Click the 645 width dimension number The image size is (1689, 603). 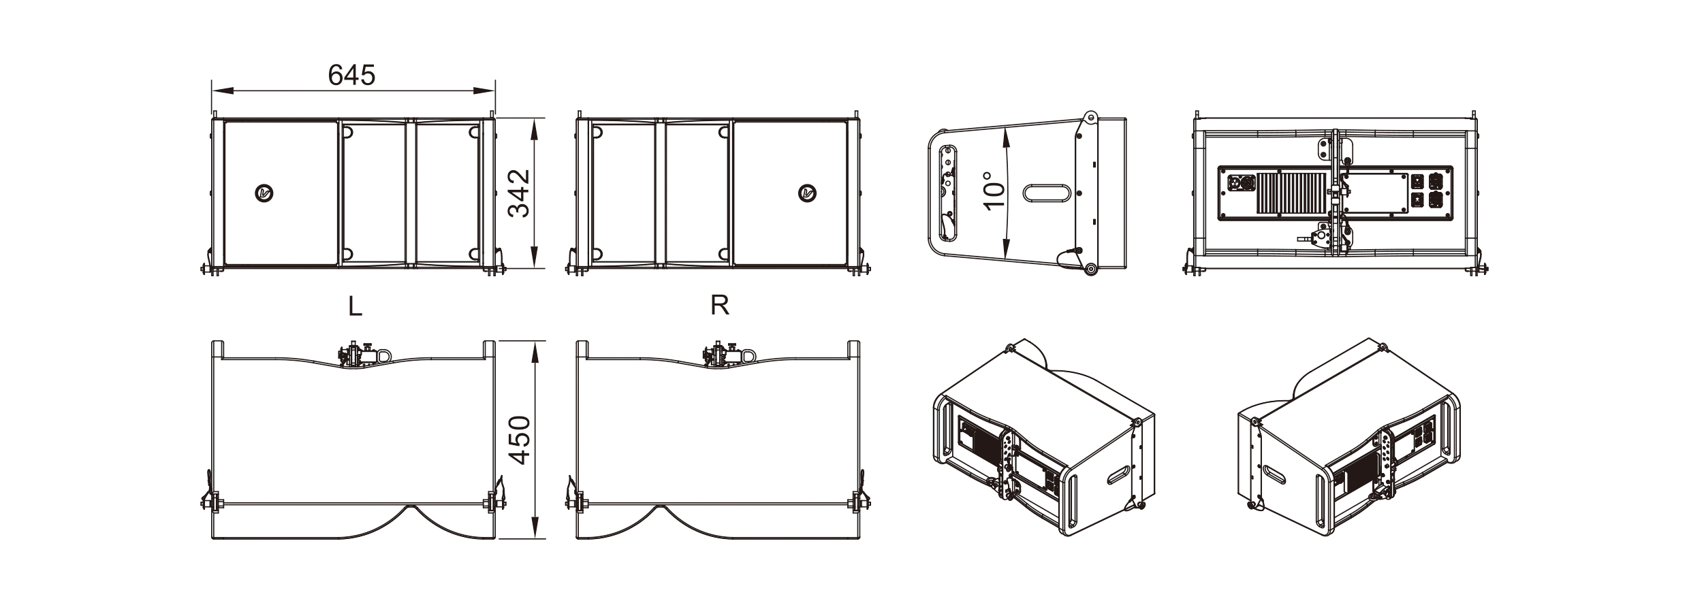tap(351, 75)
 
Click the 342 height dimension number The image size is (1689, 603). tap(520, 193)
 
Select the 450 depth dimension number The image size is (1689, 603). tap(520, 440)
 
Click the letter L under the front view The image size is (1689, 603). tap(354, 307)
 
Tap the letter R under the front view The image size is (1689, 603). tap(720, 306)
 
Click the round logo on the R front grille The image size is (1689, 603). tap(808, 194)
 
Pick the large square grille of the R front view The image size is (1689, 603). tap(790, 194)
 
